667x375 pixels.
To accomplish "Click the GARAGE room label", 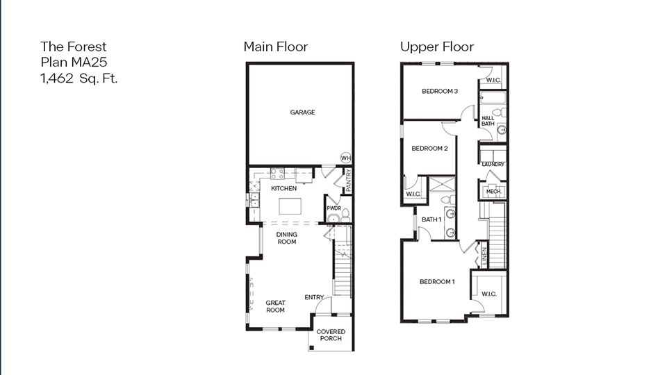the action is (x=302, y=112).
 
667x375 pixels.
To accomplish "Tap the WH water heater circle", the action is (x=346, y=158).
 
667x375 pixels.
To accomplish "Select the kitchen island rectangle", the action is (x=290, y=206).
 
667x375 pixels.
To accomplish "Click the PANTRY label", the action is (x=348, y=181).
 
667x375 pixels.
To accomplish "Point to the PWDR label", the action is (x=334, y=208).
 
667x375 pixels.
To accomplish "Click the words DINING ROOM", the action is (x=287, y=238).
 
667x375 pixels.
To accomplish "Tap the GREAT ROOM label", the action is (x=275, y=306).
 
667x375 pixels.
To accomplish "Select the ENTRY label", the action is (x=314, y=297).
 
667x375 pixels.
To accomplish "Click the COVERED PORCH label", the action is (x=331, y=335).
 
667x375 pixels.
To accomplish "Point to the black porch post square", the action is (x=311, y=348).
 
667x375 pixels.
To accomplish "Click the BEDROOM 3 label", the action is (x=440, y=91).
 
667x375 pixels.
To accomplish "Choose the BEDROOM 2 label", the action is (x=429, y=149).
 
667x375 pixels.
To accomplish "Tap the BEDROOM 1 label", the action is (x=437, y=281).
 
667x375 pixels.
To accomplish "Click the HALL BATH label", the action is (x=488, y=121).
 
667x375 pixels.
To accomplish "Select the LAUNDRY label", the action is (x=493, y=164).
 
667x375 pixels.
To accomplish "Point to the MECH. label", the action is (x=493, y=192).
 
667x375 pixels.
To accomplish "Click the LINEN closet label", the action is (x=484, y=257).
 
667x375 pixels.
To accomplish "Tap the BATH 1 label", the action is (x=431, y=219).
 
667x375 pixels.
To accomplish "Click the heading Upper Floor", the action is (x=437, y=47).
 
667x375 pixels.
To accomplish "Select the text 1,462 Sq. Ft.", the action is (x=79, y=78).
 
